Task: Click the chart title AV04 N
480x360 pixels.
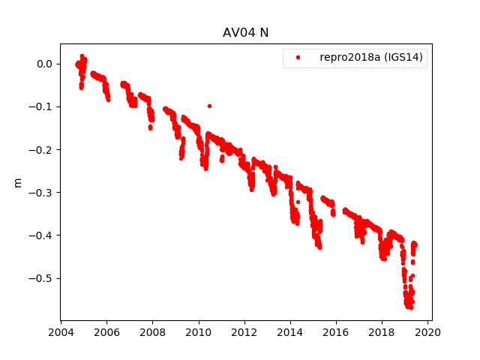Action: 245,33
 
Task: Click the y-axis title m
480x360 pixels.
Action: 18,182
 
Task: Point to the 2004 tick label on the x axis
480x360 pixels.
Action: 61,332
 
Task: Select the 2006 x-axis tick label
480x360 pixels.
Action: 106,332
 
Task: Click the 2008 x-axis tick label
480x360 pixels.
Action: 152,332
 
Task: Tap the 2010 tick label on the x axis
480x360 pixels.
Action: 198,332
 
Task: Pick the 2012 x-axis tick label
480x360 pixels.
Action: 244,332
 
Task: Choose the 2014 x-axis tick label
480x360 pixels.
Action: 290,332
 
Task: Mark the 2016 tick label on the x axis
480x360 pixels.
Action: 336,332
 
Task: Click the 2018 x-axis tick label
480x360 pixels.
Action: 382,332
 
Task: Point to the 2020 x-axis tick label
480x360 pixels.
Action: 427,332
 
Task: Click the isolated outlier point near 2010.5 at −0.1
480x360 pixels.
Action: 209,106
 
